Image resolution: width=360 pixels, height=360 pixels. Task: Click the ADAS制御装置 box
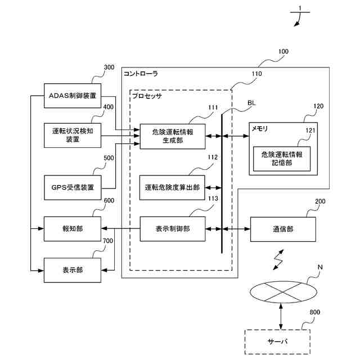(x=73, y=96)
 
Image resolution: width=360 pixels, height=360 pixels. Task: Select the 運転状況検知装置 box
(x=73, y=135)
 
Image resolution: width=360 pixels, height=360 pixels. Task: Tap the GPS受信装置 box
(x=73, y=187)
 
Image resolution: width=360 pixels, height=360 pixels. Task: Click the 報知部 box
(x=73, y=229)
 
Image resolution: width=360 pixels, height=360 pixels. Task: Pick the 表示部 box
(x=73, y=270)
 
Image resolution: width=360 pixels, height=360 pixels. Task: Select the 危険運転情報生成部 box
(x=173, y=136)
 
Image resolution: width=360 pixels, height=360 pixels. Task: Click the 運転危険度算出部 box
(x=172, y=187)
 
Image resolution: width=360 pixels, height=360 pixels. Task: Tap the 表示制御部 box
(x=173, y=229)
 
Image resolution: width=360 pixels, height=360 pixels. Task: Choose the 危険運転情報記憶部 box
(x=282, y=159)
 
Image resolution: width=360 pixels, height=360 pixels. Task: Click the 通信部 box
(x=283, y=229)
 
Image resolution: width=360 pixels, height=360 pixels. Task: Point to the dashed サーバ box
(x=277, y=342)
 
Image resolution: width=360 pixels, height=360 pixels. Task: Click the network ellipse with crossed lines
(x=283, y=292)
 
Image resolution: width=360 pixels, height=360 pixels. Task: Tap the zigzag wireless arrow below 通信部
(x=278, y=260)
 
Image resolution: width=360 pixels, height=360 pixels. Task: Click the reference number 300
(x=109, y=67)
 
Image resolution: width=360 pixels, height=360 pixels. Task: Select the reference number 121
(x=310, y=130)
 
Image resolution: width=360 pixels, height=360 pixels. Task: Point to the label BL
(x=251, y=103)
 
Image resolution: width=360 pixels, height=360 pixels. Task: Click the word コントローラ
(x=141, y=74)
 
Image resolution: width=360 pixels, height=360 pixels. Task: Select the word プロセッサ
(x=147, y=96)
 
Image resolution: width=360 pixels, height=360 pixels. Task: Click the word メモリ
(x=260, y=129)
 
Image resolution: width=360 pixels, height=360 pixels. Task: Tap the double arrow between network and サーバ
(x=281, y=316)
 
